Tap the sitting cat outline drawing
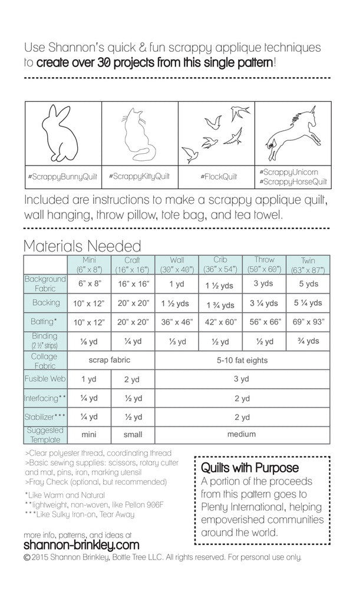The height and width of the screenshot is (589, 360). (x=139, y=135)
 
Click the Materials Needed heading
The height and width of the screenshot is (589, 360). (x=82, y=245)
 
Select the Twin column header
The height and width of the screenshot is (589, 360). (x=308, y=264)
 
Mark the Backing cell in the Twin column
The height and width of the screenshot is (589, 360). (x=308, y=303)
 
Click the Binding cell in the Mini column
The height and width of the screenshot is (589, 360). (x=89, y=341)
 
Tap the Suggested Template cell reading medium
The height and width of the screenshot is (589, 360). (x=242, y=434)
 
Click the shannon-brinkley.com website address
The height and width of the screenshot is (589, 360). (x=82, y=545)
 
